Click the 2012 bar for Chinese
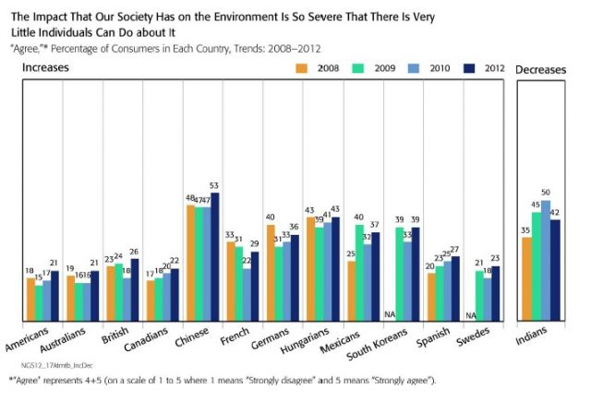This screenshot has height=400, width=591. tap(215, 257)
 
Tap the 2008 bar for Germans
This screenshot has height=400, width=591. tap(271, 273)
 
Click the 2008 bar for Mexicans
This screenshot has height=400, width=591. tap(352, 291)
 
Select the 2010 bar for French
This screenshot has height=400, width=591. tap(247, 295)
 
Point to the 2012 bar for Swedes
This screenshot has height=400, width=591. tap(496, 294)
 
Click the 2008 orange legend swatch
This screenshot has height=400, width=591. tap(301, 67)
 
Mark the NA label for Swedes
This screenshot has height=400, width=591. tap(473, 316)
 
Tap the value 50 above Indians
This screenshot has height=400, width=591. tap(546, 194)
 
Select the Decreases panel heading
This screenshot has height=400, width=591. tap(542, 69)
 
